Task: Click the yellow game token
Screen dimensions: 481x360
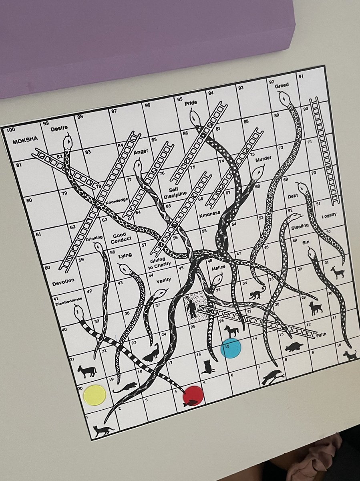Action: click(95, 395)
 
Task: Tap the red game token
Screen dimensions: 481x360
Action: click(193, 396)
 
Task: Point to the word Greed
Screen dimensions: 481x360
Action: click(282, 85)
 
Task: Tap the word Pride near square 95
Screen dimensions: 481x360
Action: click(191, 103)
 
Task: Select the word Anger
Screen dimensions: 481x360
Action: click(141, 152)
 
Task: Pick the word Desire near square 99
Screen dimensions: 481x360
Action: click(59, 129)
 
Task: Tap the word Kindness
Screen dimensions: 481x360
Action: click(210, 215)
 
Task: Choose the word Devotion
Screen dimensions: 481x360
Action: click(63, 282)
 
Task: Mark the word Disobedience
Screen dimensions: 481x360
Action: click(68, 299)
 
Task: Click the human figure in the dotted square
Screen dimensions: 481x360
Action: click(192, 309)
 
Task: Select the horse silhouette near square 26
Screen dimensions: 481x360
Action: click(231, 331)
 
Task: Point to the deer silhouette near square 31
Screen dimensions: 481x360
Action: click(338, 273)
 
